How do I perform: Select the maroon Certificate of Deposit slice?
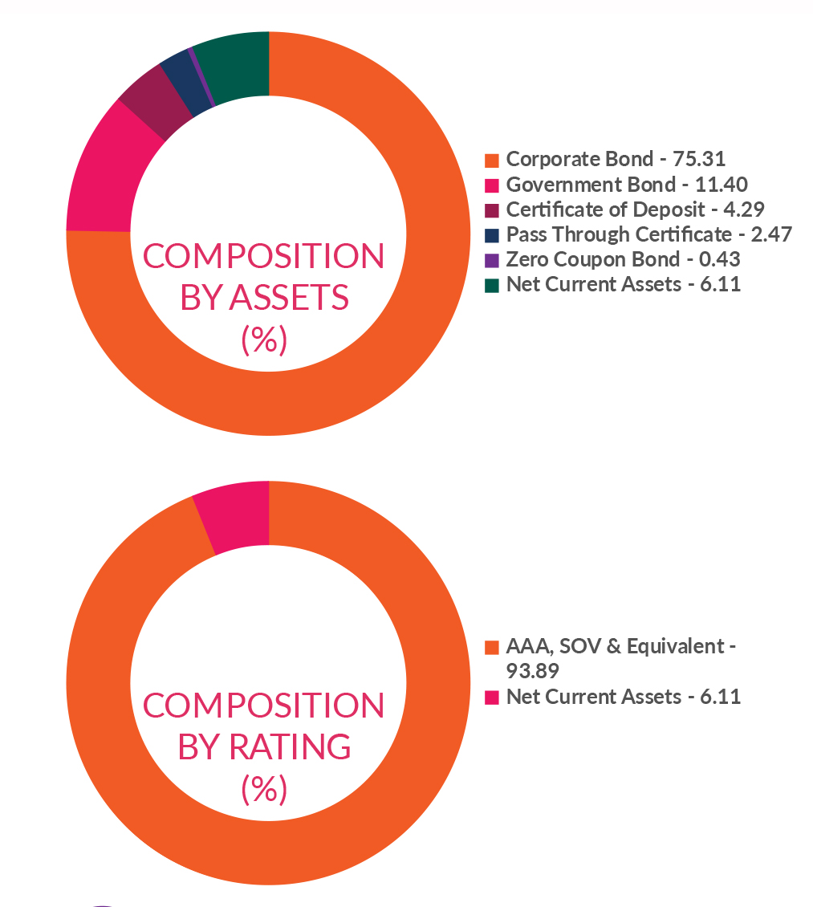pyautogui.click(x=148, y=109)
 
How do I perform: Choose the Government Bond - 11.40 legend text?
pyautogui.click(x=627, y=185)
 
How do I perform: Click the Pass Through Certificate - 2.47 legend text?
pyautogui.click(x=648, y=234)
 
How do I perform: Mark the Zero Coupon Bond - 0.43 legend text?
pyautogui.click(x=623, y=259)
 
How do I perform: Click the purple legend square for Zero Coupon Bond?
pyautogui.click(x=492, y=260)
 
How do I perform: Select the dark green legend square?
pyautogui.click(x=492, y=285)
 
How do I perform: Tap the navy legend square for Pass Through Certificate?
pyautogui.click(x=492, y=235)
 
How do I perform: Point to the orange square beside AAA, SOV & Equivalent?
pyautogui.click(x=492, y=647)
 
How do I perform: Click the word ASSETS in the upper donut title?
pyautogui.click(x=290, y=298)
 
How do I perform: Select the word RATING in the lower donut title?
pyautogui.click(x=291, y=747)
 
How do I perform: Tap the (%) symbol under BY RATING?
pyautogui.click(x=264, y=789)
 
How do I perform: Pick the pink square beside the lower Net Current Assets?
pyautogui.click(x=492, y=697)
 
